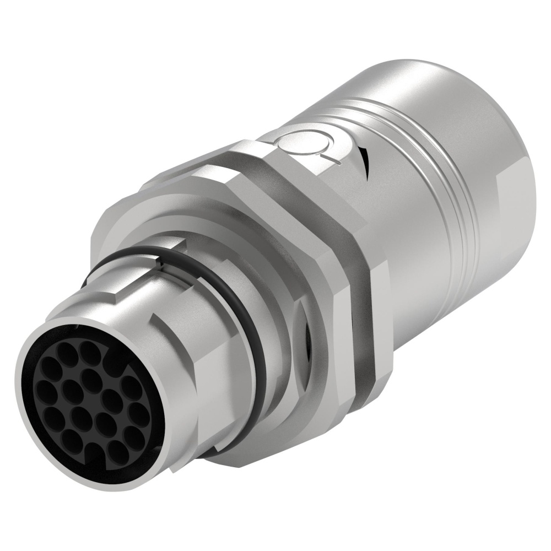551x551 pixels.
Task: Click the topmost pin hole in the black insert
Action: (88, 349)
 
